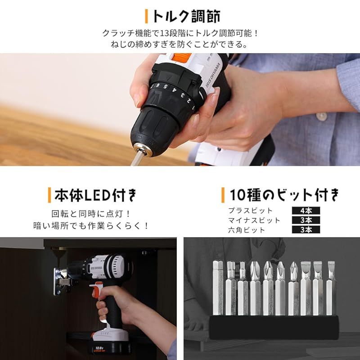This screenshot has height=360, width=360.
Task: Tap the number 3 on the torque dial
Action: pos(183,95)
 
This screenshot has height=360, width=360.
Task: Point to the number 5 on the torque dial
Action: pos(165,87)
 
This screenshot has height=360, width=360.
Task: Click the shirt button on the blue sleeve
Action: pos(321,117)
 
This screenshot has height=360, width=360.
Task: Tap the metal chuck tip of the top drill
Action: pos(144,149)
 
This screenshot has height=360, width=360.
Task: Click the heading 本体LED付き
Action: pos(95,195)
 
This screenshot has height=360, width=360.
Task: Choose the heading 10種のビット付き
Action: pos(284,195)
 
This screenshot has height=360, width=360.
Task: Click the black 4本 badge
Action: pos(306,211)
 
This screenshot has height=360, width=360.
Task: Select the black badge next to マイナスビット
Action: pos(306,220)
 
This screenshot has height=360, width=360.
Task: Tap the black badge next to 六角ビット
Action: pos(306,229)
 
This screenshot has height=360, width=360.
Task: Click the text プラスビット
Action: pos(250,211)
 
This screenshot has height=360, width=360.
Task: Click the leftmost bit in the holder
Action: pos(218,288)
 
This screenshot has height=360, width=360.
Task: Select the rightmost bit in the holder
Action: pos(331,288)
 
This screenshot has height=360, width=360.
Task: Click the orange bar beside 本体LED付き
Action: pos(49,195)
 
